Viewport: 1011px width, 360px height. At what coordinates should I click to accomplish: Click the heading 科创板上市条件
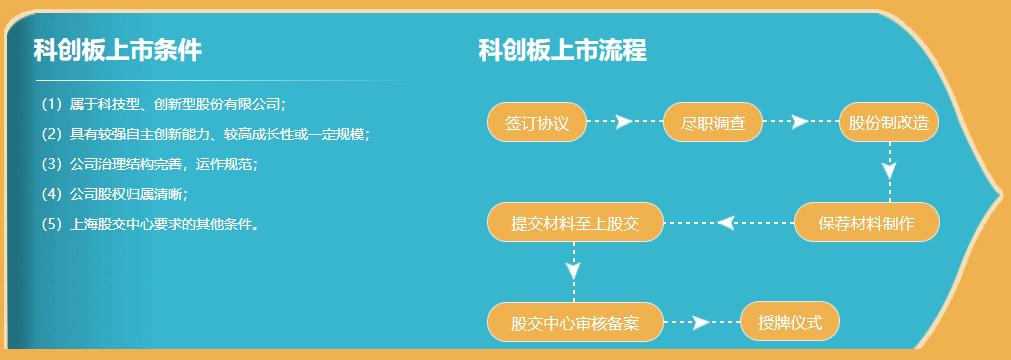click(x=117, y=49)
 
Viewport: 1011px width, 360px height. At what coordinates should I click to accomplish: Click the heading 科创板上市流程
click(x=562, y=49)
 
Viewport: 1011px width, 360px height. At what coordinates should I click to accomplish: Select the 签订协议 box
click(x=537, y=123)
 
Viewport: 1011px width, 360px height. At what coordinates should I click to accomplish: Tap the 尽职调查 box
click(x=713, y=123)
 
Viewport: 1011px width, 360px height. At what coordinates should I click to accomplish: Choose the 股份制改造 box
click(x=889, y=123)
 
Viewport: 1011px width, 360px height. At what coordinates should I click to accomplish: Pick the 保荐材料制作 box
click(x=866, y=222)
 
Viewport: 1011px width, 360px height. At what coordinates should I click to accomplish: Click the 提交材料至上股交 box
click(x=575, y=222)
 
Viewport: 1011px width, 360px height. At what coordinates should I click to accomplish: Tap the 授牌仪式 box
click(x=790, y=322)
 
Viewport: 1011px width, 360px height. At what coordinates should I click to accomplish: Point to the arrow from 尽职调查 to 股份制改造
click(x=799, y=122)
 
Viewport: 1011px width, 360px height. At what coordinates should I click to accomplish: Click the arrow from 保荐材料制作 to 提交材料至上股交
click(x=728, y=222)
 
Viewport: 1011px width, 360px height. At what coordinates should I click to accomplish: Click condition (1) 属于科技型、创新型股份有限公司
click(x=163, y=103)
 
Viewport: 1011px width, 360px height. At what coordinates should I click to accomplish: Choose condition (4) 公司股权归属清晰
click(x=114, y=193)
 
